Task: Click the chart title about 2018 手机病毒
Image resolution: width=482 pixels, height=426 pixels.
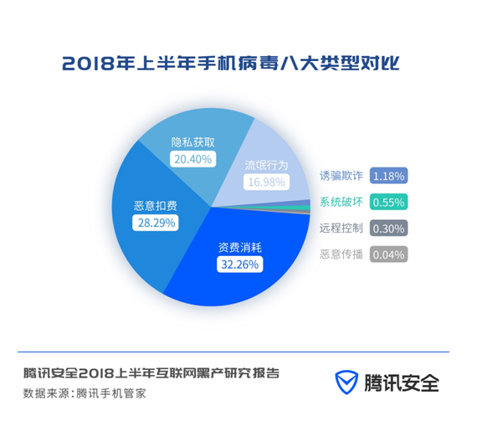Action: click(231, 64)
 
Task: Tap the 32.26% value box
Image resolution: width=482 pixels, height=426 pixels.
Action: click(240, 264)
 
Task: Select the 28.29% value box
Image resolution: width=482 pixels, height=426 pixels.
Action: click(156, 223)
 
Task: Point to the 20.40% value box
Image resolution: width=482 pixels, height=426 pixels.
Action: click(193, 159)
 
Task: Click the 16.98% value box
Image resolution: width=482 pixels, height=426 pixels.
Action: click(266, 182)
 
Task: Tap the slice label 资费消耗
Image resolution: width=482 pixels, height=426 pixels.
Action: click(240, 248)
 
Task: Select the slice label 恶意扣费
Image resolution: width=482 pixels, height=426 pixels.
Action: click(156, 206)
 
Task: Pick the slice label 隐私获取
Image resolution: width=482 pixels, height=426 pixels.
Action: click(193, 142)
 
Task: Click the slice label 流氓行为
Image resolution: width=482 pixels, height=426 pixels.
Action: click(266, 166)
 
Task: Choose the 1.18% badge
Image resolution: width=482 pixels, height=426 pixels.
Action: click(388, 176)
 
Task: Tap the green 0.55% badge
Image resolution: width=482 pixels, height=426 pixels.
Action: click(388, 202)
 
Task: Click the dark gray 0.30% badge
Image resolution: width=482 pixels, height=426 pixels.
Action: click(388, 228)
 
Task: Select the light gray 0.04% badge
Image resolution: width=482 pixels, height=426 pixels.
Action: click(388, 254)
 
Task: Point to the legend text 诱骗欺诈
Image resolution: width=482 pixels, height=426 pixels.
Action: click(341, 176)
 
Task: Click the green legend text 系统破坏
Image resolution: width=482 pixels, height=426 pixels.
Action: click(341, 202)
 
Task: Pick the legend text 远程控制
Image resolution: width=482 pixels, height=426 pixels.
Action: click(341, 228)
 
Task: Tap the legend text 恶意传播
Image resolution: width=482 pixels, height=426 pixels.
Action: click(341, 254)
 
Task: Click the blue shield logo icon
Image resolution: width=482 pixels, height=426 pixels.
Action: click(346, 382)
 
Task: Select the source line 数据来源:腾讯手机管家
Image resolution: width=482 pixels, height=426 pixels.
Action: click(85, 393)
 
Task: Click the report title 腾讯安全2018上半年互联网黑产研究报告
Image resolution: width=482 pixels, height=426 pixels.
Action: click(151, 373)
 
